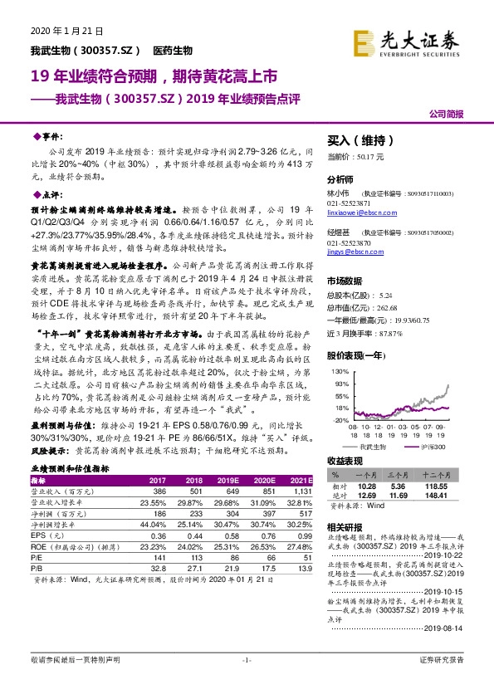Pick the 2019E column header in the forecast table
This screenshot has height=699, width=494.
point(228,481)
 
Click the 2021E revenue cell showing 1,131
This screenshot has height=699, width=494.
point(301,492)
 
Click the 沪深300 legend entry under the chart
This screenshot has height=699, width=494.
point(430,446)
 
